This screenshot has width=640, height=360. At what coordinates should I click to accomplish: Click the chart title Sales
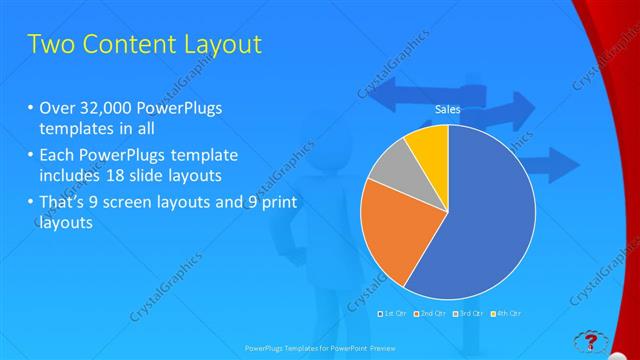(x=447, y=111)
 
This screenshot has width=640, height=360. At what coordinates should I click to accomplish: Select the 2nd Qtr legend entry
(x=431, y=314)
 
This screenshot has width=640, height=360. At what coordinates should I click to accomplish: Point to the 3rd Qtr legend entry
(x=468, y=314)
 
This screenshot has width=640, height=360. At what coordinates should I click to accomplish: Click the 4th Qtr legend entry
(x=506, y=314)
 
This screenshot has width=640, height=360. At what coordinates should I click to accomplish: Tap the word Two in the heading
(x=51, y=45)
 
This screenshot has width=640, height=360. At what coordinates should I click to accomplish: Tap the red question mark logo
(x=592, y=341)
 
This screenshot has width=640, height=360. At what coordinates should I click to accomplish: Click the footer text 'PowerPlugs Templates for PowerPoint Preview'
(x=320, y=349)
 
